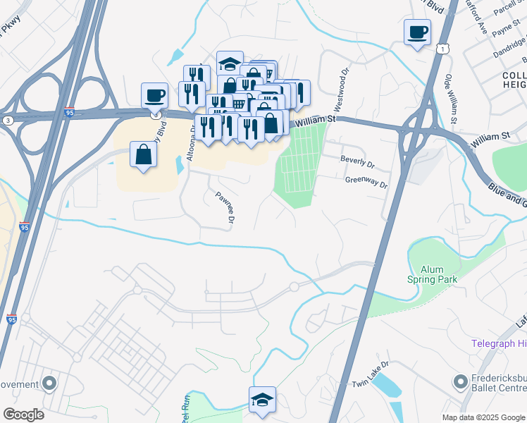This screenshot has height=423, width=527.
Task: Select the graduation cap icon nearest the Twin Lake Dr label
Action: (x=262, y=400)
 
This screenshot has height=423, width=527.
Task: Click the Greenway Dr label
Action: (x=366, y=182)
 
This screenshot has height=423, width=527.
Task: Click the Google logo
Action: (x=23, y=415)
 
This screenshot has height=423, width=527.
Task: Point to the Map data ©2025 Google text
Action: (x=483, y=417)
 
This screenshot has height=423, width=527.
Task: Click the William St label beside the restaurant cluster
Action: (x=315, y=121)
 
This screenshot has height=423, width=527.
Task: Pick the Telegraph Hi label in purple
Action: (x=499, y=343)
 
